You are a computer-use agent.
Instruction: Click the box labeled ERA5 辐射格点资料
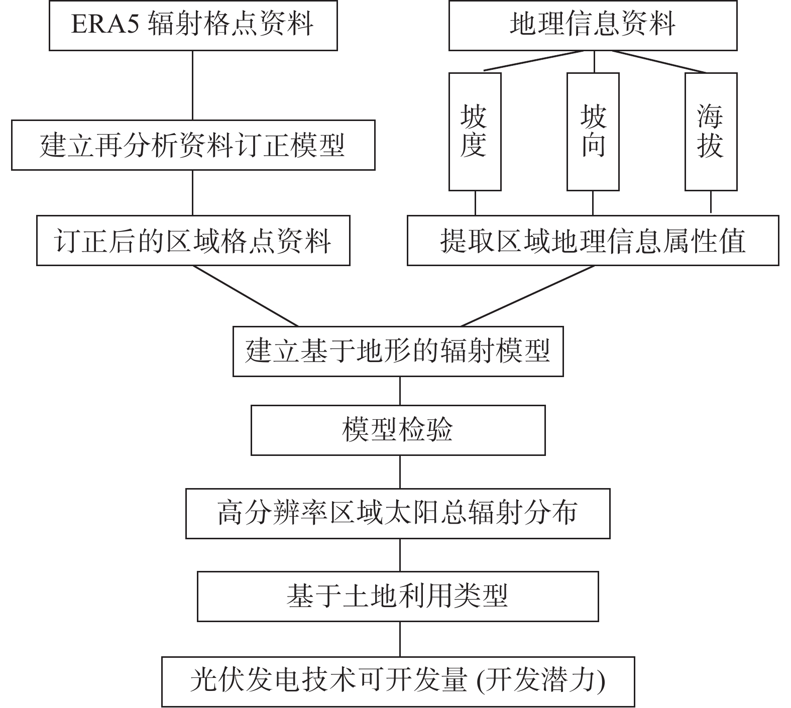[x=193, y=25]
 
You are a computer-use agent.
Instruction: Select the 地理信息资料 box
[x=593, y=25]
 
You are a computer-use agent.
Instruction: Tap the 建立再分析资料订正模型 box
[x=193, y=145]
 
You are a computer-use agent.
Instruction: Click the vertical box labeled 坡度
[x=475, y=132]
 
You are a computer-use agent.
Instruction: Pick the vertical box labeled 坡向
[x=593, y=132]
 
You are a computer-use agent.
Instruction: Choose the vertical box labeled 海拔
[x=711, y=132]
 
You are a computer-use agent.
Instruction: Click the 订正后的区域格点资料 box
[x=193, y=241]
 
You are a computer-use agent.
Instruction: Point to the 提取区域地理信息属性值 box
[x=593, y=241]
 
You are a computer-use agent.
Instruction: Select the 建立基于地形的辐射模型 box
[x=398, y=351]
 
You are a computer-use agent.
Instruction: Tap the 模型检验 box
[x=398, y=430]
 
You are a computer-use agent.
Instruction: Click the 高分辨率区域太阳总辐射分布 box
[x=398, y=514]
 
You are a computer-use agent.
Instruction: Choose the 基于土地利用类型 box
[x=398, y=597]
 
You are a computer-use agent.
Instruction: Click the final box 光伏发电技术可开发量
[x=398, y=681]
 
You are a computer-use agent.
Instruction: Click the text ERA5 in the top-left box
[x=104, y=24]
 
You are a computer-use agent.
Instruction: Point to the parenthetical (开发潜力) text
[x=541, y=681]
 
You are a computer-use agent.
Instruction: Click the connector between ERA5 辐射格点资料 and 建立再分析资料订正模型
[x=193, y=85]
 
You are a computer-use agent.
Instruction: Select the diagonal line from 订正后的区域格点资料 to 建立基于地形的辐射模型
[x=246, y=296]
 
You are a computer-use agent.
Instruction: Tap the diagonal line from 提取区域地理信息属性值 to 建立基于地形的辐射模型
[x=527, y=296]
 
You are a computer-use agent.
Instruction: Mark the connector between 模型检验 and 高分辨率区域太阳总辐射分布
[x=400, y=472]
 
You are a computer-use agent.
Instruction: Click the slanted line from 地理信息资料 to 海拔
[x=659, y=62]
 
